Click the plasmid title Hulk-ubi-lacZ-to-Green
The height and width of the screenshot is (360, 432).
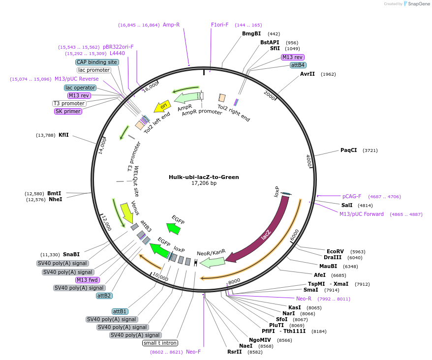click(204, 177)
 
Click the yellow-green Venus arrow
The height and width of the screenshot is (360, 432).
click(127, 212)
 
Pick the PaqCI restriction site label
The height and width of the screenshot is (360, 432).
click(348, 150)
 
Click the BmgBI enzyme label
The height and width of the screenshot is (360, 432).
click(251, 34)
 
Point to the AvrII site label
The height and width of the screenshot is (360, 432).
click(308, 74)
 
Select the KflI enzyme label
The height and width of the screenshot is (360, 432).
click(63, 135)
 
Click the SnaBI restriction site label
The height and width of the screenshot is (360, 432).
click(71, 254)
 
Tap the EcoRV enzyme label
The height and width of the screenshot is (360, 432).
click(335, 251)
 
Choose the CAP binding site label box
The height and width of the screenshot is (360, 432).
click(97, 62)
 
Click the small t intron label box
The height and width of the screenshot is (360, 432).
click(160, 343)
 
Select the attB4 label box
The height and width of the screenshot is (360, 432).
click(298, 65)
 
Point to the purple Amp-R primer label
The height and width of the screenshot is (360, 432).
click(171, 25)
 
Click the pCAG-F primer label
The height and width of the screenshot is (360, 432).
click(352, 196)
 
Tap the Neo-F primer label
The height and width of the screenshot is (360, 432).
click(193, 352)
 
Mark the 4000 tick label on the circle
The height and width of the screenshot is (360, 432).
click(309, 161)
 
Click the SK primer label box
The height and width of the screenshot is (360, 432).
click(68, 112)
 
